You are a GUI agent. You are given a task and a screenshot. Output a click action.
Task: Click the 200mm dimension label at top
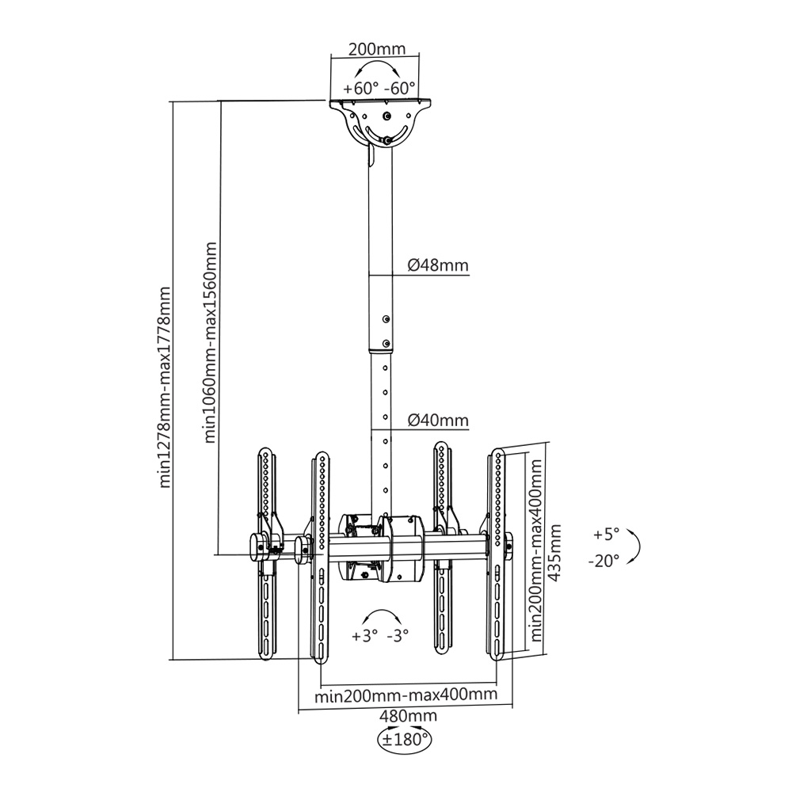(378, 49)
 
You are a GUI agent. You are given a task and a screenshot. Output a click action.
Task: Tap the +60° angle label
(361, 88)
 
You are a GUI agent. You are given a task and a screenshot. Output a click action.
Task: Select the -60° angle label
(400, 88)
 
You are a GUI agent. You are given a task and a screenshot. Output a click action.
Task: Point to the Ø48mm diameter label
(438, 265)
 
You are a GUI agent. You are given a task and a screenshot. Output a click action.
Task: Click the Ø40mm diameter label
(438, 420)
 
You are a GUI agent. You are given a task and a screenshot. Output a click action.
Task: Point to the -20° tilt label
(604, 561)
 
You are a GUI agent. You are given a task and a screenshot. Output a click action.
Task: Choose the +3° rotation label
(363, 635)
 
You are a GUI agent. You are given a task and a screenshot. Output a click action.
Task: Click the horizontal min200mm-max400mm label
(406, 695)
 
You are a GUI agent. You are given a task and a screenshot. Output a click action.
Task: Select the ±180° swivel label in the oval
(405, 741)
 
